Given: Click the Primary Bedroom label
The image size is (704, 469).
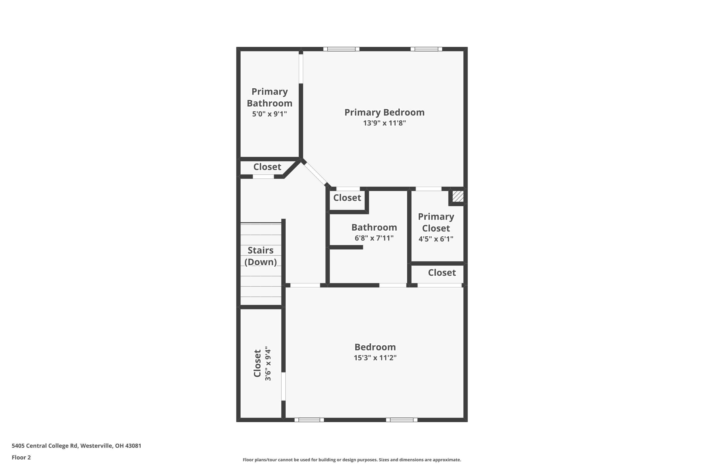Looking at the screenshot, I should pyautogui.click(x=384, y=113).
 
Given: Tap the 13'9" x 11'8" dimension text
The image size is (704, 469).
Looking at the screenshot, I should pyautogui.click(x=384, y=123).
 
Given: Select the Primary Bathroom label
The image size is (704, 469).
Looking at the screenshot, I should pyautogui.click(x=269, y=97).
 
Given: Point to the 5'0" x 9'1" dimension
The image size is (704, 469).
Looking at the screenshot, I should pyautogui.click(x=269, y=114).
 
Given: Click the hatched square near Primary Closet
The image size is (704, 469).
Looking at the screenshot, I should pyautogui.click(x=458, y=197).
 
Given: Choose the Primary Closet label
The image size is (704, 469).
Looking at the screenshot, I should pyautogui.click(x=436, y=222).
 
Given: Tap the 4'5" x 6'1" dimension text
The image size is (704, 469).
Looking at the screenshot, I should pyautogui.click(x=436, y=239).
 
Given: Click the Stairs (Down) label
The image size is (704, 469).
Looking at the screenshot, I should pyautogui.click(x=260, y=256).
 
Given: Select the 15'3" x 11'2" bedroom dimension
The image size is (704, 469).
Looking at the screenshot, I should pyautogui.click(x=375, y=358).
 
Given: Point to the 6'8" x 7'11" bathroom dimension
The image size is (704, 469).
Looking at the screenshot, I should pyautogui.click(x=374, y=238).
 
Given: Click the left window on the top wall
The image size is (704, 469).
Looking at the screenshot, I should pyautogui.click(x=341, y=49).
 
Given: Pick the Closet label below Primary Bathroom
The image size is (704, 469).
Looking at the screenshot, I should pyautogui.click(x=267, y=167).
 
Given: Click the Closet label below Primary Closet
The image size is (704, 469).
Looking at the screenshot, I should pyautogui.click(x=442, y=273).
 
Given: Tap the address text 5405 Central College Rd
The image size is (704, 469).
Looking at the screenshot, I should pyautogui.click(x=76, y=446).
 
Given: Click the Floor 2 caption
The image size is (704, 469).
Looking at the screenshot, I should pyautogui.click(x=21, y=457).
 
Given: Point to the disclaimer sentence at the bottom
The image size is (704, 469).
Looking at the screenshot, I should pyautogui.click(x=352, y=460).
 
